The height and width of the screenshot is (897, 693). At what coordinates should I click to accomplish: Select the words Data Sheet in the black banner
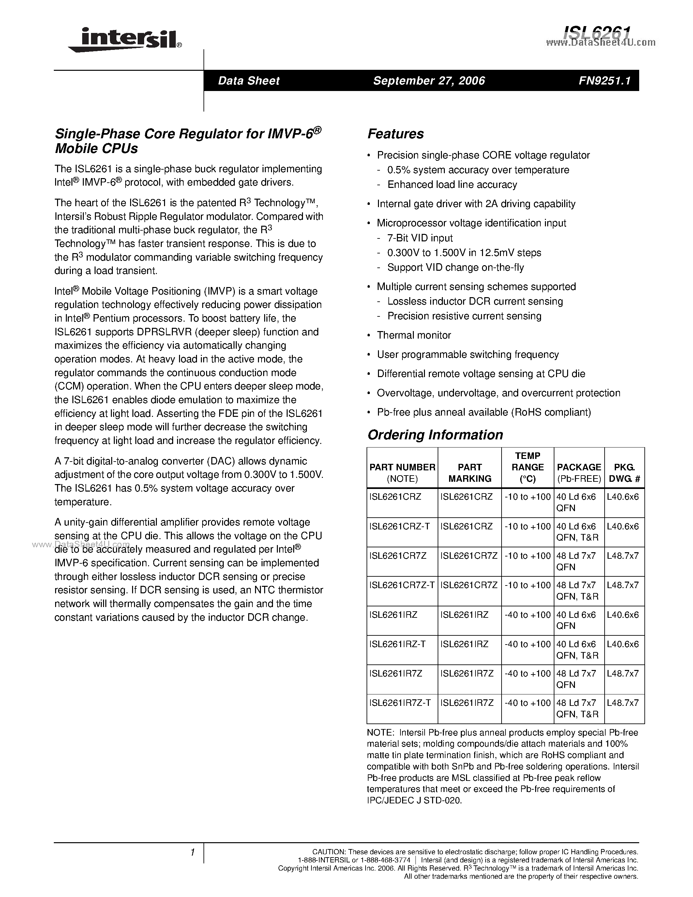tap(249, 81)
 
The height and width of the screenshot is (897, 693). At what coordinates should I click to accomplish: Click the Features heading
tap(395, 134)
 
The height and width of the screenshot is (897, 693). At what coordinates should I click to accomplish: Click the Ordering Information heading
tap(435, 435)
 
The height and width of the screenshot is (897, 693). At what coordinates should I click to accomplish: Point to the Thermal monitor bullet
tap(414, 335)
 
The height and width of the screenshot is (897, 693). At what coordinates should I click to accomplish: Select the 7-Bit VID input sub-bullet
tap(420, 238)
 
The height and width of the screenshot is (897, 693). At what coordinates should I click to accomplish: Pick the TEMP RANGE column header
tap(528, 467)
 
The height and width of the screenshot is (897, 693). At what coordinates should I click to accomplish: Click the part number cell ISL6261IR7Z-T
tap(400, 703)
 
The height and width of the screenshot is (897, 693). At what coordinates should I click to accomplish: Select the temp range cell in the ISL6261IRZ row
tap(528, 615)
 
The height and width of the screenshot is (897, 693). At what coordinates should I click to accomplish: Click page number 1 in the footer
tap(192, 853)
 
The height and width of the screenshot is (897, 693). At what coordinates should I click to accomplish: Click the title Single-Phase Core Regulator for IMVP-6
tap(188, 141)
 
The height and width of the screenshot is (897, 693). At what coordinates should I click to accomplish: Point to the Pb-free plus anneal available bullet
tap(483, 412)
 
